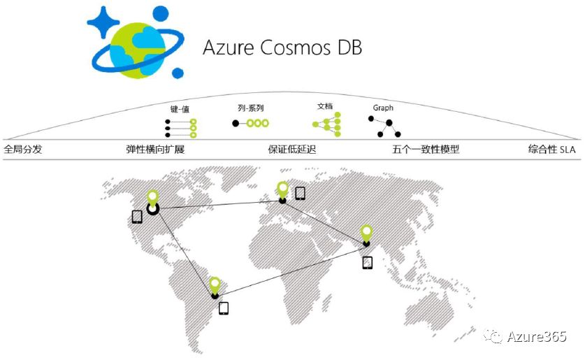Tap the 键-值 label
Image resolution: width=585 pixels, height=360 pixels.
tap(180, 110)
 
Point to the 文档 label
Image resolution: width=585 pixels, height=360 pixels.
tap(324, 106)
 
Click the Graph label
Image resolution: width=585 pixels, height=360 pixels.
tap(383, 108)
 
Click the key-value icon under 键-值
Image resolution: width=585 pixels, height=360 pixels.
tap(180, 127)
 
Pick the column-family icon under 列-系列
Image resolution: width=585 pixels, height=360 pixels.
tap(250, 123)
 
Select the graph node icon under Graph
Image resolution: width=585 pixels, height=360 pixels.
tap(384, 126)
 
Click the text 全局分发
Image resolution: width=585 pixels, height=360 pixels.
tap(23, 149)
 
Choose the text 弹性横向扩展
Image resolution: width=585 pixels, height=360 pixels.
tap(155, 150)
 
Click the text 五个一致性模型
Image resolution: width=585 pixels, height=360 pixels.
tap(426, 150)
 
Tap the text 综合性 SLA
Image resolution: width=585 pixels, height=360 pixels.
tap(552, 150)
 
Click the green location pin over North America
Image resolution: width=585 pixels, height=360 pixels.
tap(153, 198)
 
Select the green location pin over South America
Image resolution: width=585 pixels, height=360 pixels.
tap(215, 285)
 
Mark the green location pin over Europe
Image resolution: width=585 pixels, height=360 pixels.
tap(282, 189)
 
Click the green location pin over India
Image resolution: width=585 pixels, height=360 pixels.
tap(366, 233)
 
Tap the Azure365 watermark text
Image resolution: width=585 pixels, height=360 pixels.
tap(544, 336)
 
